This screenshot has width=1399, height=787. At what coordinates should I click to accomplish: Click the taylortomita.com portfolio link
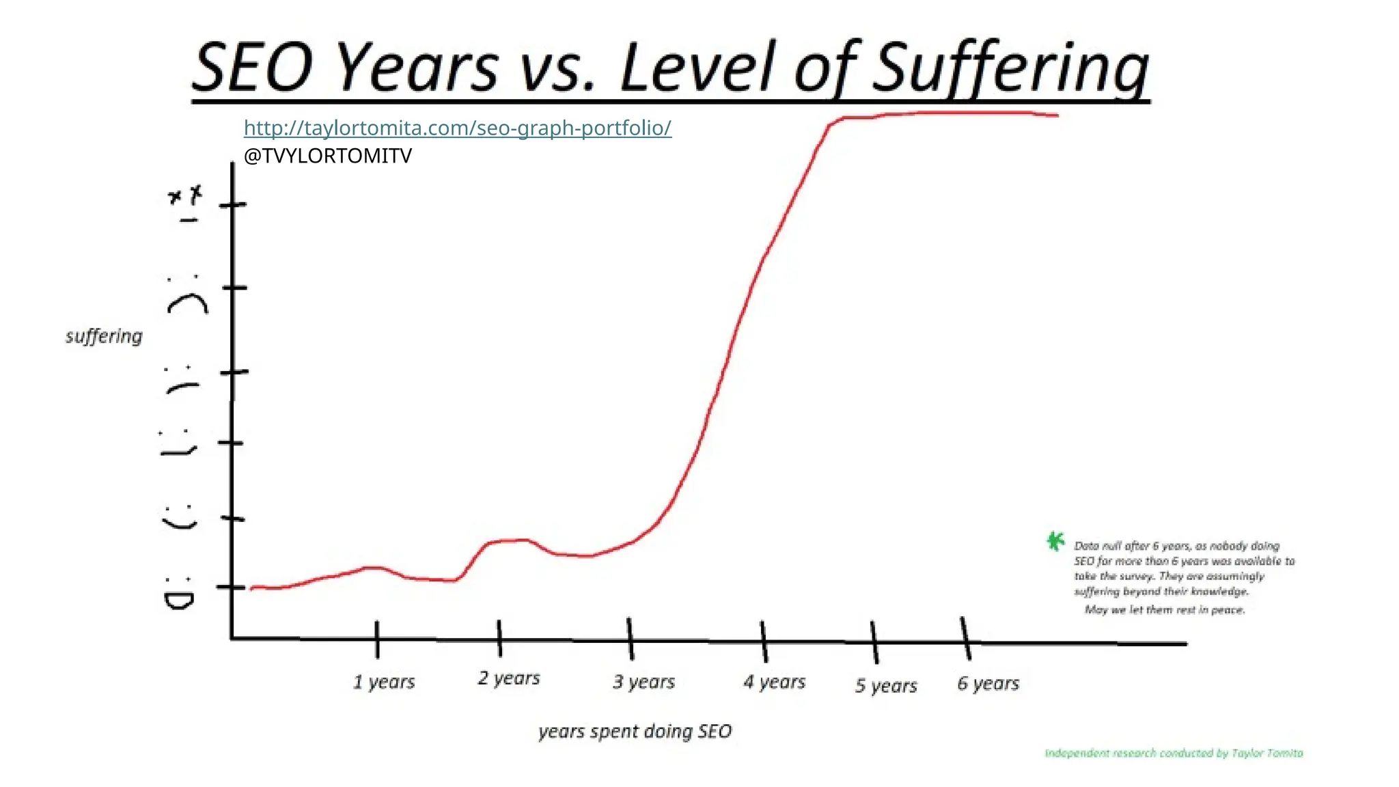pos(457,128)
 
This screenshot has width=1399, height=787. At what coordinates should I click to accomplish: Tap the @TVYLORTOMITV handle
pos(327,156)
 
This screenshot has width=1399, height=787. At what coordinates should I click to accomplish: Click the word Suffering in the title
pos(1011,68)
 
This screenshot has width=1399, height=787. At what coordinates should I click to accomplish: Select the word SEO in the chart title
pos(253,68)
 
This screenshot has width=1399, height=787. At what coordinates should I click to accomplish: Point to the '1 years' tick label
pos(384,682)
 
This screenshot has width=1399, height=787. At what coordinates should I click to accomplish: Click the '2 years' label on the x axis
pos(509,678)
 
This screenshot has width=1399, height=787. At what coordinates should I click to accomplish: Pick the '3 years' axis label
pos(643,682)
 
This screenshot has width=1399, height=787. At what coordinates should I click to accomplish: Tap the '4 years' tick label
pos(775,682)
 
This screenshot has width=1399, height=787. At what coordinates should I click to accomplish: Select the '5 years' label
pos(886,685)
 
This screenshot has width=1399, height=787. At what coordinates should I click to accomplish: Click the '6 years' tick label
pos(988,683)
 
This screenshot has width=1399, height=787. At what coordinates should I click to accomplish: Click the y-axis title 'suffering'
pos(104,336)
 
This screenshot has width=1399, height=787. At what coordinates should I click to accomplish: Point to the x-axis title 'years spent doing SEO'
pos(635,732)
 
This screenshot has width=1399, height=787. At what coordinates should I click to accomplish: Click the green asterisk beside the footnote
pos(1055,542)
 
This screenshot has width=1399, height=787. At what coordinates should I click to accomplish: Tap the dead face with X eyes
pos(185,205)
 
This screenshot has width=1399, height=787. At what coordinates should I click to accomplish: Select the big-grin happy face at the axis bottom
pos(179,594)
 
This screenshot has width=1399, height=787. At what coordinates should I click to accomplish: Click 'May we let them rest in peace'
pos(1165,609)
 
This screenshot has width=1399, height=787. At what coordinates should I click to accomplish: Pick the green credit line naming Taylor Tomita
pos(1174,753)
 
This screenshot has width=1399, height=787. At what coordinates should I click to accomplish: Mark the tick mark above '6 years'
pos(966,638)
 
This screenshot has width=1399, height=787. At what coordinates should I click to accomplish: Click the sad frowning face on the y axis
pos(186,295)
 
